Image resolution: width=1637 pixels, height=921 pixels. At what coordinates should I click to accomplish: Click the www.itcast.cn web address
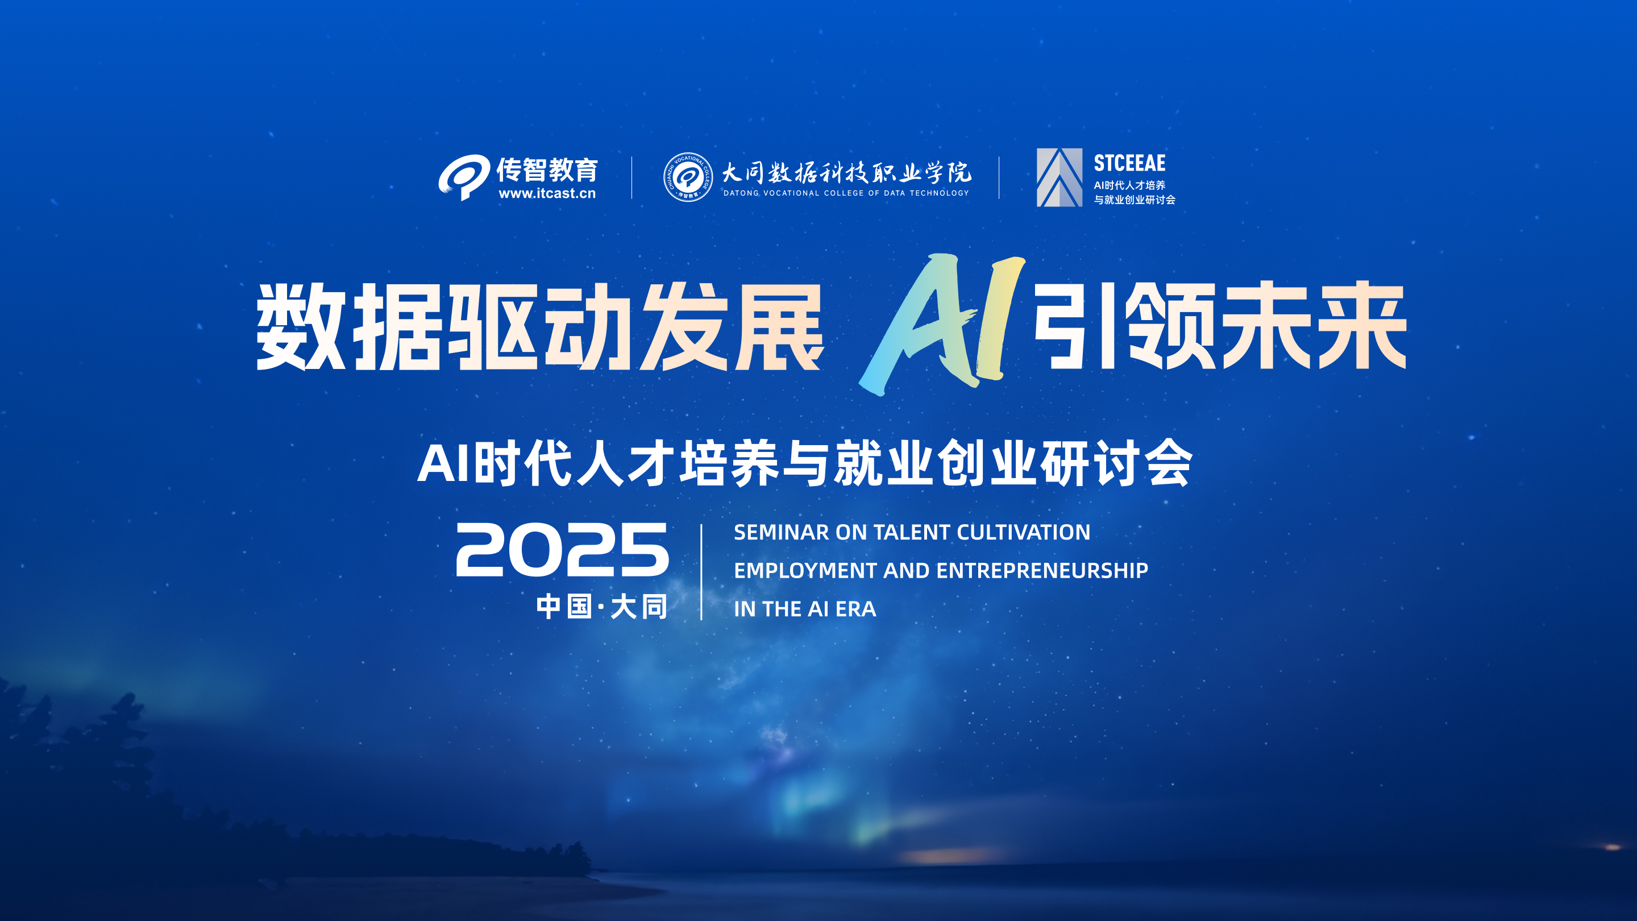(x=547, y=193)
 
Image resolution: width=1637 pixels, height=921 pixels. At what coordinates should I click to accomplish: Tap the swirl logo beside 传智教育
(x=464, y=177)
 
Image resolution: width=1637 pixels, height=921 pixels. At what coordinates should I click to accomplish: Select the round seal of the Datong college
(x=688, y=177)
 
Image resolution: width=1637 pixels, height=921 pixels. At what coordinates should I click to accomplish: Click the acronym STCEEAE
(x=1129, y=163)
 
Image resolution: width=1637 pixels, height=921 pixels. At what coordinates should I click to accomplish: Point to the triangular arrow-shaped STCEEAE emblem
(x=1060, y=177)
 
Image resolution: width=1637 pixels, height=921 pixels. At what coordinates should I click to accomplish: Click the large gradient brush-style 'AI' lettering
(x=942, y=324)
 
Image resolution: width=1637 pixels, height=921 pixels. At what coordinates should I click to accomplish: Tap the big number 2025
(x=562, y=549)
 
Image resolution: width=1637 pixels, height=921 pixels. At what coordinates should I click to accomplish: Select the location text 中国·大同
(x=601, y=607)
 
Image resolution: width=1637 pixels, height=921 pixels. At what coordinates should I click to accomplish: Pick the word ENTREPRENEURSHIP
(x=1042, y=570)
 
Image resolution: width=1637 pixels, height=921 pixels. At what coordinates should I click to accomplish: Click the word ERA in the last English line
(x=855, y=609)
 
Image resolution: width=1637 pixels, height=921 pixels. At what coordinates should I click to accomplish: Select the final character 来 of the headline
(x=1361, y=325)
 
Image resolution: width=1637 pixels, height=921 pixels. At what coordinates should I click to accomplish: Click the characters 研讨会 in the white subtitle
(x=1116, y=463)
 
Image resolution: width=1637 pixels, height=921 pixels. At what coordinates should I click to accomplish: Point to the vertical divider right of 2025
(x=701, y=572)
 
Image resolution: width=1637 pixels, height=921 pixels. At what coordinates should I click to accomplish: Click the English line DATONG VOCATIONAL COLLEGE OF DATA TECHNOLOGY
(x=846, y=193)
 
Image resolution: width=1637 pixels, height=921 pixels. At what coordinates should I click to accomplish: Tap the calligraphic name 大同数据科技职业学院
(x=846, y=172)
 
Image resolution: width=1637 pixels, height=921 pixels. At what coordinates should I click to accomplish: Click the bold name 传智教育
(x=547, y=170)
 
